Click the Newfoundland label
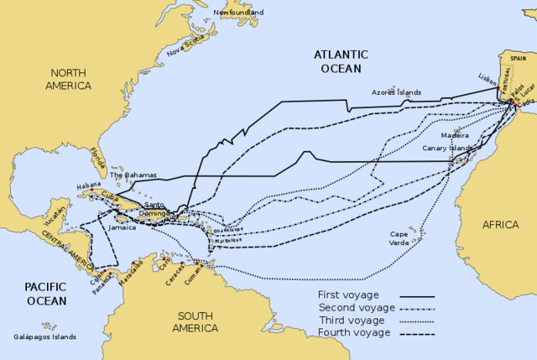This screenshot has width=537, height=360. [x=238, y=13]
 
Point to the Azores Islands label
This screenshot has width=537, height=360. [x=397, y=91]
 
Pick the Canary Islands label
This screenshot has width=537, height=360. [x=448, y=148]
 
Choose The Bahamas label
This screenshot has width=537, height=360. [x=133, y=175]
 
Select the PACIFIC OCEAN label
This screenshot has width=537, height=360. [x=34, y=293]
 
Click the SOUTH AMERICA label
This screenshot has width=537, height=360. [x=196, y=321]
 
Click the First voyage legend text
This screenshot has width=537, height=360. [x=348, y=295]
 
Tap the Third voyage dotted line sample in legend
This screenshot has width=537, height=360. [x=417, y=321]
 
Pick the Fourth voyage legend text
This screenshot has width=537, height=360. [x=354, y=333]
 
